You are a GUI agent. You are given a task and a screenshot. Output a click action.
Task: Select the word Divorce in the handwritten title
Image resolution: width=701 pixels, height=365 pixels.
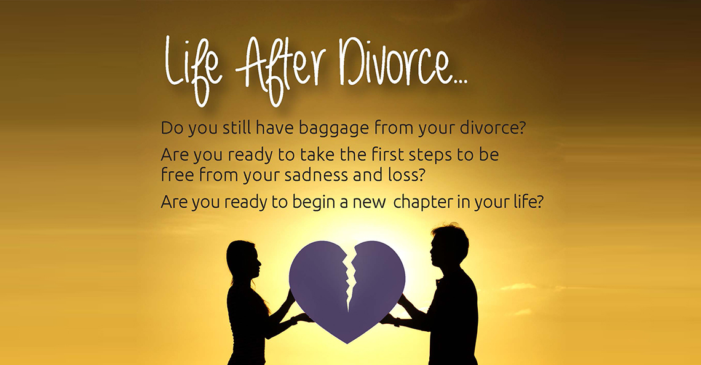click(394, 62)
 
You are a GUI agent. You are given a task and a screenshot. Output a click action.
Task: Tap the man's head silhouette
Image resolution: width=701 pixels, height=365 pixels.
click(448, 246)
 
